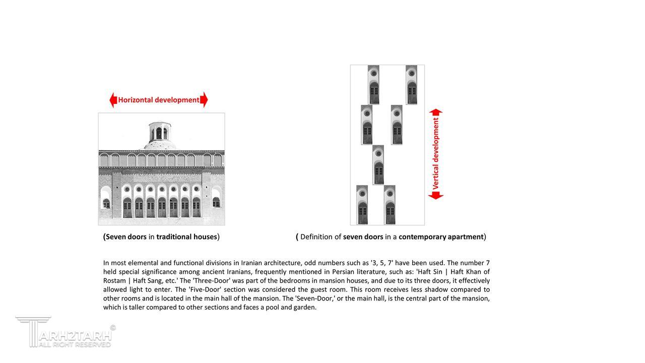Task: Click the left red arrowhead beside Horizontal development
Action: tap(113, 100)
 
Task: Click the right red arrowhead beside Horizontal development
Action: tap(204, 100)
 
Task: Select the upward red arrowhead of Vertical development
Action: tap(436, 112)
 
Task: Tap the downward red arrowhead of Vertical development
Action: tap(436, 196)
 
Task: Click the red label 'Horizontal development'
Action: tap(159, 100)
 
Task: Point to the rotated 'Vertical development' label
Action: tap(436, 154)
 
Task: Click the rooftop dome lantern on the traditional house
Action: tap(159, 132)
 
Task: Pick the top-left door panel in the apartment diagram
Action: tap(373, 85)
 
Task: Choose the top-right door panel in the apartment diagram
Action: tap(411, 85)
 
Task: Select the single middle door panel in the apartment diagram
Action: tap(378, 165)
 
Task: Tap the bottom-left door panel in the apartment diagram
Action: tap(362, 205)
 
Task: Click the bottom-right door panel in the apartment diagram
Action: tap(390, 205)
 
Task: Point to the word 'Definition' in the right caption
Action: tap(316, 237)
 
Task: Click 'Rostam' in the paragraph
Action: tap(114, 281)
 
